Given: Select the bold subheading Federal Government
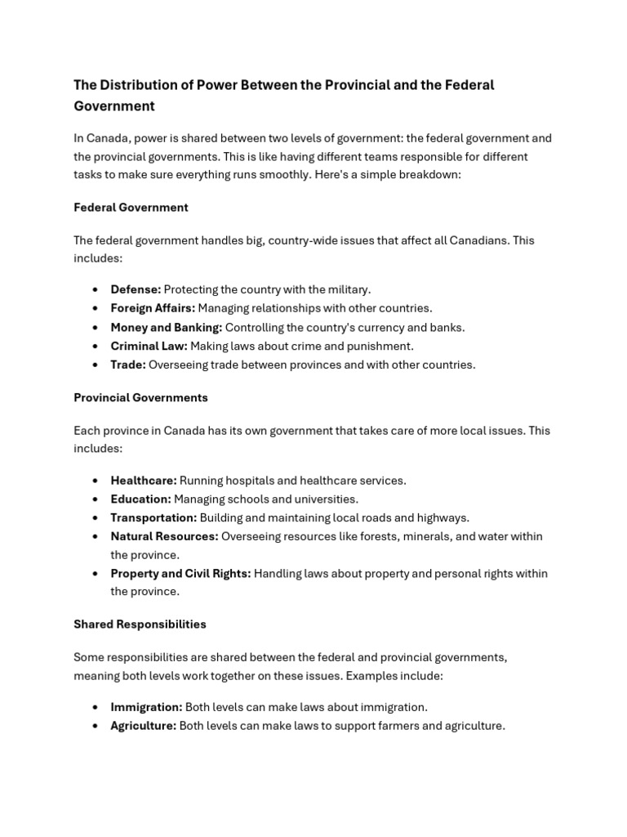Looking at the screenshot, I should point(131,208).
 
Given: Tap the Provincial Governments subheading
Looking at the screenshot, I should point(140,398).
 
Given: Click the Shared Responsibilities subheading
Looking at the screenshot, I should point(140,624).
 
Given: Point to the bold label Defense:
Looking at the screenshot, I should point(136,289).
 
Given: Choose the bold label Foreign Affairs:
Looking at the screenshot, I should point(153,308).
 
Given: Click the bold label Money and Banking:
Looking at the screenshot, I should point(167,328).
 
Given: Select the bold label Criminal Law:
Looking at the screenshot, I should point(149,347).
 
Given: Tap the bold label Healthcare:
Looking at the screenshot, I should point(144,481).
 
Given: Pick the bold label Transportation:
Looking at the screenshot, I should point(153,518).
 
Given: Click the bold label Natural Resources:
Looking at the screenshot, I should point(164,537).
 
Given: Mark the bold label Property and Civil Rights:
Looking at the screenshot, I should point(180,574).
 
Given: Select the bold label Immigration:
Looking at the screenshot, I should point(146,707).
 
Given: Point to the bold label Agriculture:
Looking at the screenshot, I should point(143,726).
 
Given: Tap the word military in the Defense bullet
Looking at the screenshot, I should point(347,289).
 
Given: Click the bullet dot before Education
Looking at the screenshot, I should point(96,499).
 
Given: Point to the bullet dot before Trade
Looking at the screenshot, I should point(96,365).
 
